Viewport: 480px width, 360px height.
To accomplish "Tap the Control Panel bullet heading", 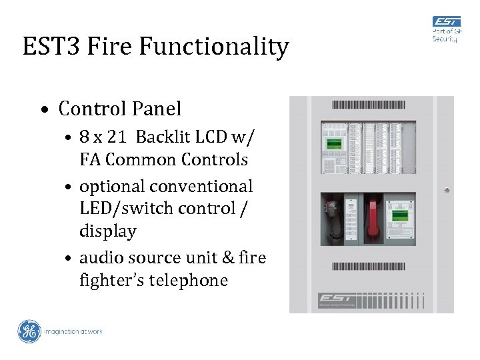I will (x=120, y=108).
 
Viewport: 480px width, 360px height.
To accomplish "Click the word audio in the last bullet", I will (x=97, y=257).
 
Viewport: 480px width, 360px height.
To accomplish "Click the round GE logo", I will (x=29, y=331).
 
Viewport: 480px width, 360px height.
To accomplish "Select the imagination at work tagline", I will (x=73, y=331).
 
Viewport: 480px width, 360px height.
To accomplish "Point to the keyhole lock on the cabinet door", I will (x=446, y=190).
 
